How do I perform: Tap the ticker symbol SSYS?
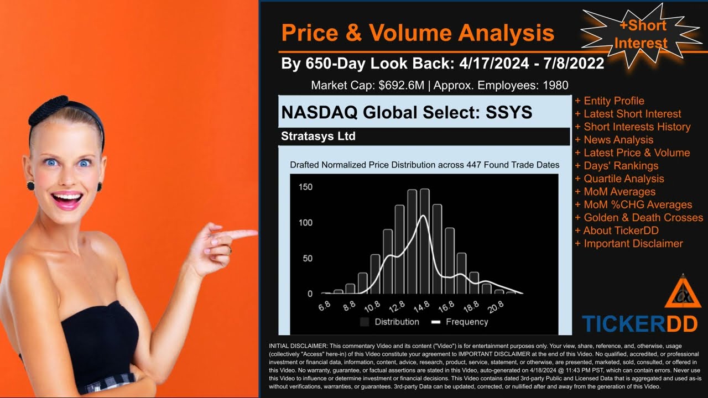509,112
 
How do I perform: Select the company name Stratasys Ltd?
318,136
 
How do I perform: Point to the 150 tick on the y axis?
305,187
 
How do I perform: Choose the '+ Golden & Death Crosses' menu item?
639,217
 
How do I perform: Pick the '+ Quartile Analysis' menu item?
619,179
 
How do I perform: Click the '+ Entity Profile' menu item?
610,101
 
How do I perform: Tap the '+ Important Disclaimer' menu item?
629,243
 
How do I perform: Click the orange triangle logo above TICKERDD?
683,293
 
